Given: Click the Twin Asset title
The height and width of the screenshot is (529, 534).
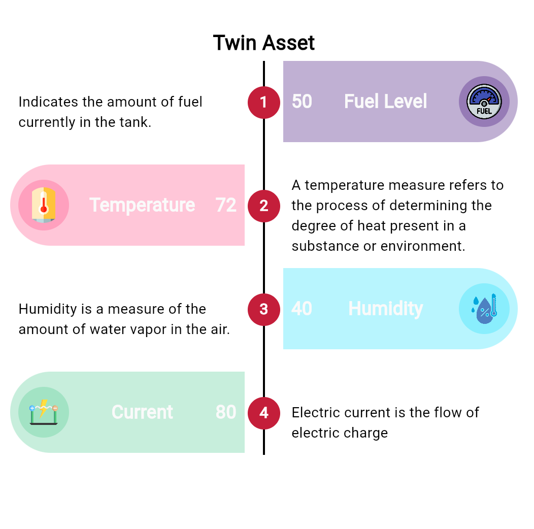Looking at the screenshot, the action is tap(264, 43).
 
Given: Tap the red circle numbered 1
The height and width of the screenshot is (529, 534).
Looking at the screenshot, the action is tap(264, 102).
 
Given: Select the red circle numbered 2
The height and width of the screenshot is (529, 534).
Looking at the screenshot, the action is tap(264, 206).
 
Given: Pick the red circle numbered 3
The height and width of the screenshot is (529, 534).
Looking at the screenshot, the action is tap(264, 309).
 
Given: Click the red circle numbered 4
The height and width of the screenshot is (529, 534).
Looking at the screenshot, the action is tap(264, 413).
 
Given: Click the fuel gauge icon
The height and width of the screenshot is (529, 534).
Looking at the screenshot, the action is tap(484, 102).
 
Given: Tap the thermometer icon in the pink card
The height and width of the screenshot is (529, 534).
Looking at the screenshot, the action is tap(44, 205).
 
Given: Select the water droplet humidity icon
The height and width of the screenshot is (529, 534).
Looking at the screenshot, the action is tap(484, 309).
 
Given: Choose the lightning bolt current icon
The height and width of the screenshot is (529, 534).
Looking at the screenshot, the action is tap(44, 412).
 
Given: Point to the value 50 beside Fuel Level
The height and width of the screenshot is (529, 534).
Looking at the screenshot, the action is tap(302, 102).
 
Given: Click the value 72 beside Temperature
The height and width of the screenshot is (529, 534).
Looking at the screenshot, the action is tap(226, 205).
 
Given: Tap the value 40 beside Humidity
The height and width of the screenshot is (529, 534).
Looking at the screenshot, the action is tap(302, 309).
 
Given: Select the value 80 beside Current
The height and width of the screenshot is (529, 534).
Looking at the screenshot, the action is tap(226, 412).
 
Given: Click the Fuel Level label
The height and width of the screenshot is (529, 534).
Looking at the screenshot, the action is tap(385, 102).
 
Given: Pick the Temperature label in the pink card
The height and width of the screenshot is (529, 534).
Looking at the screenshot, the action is tap(142, 206).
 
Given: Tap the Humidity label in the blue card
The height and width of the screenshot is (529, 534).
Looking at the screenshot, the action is tap(385, 309).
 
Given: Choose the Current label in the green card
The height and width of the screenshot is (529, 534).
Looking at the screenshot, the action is tap(142, 412).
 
